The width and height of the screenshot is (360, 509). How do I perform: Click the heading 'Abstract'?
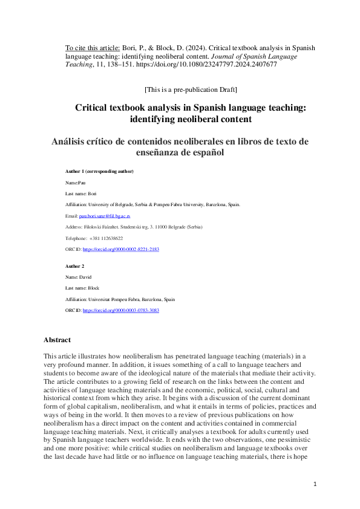[57, 340]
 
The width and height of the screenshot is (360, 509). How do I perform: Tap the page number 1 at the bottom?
[315, 484]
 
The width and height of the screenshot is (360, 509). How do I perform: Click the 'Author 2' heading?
[75, 266]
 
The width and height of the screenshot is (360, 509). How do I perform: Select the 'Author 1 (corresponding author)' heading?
[99, 172]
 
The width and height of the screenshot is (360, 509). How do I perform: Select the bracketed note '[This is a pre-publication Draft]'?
[191, 89]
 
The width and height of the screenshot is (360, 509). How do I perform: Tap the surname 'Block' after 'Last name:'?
[94, 288]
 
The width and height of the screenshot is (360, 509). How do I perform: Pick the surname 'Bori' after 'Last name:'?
[93, 193]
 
